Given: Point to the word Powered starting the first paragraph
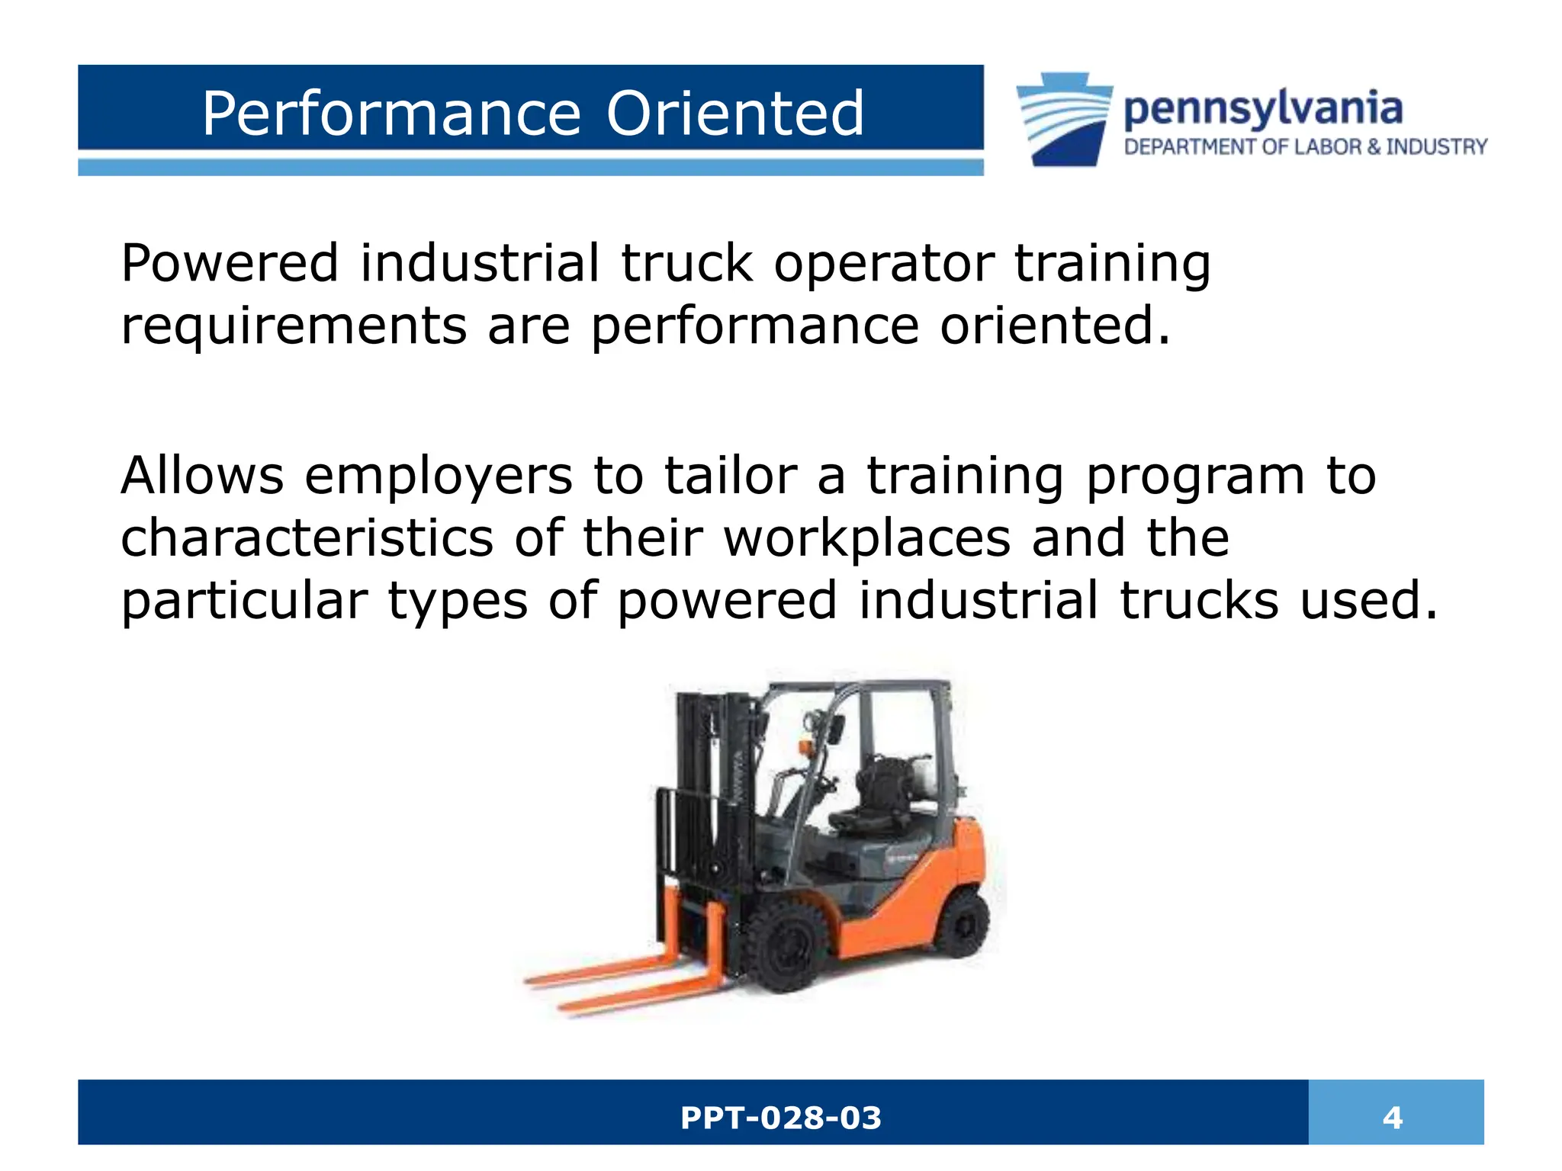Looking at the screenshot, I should coord(230,263).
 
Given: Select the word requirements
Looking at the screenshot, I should coord(294,326).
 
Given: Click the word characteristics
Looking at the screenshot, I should coord(307,537).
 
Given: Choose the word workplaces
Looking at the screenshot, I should coord(867,537).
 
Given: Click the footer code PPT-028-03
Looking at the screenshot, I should coord(780,1118).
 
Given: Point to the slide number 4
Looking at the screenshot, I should coord(1393,1118).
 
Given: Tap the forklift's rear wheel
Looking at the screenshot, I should coord(963,924).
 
